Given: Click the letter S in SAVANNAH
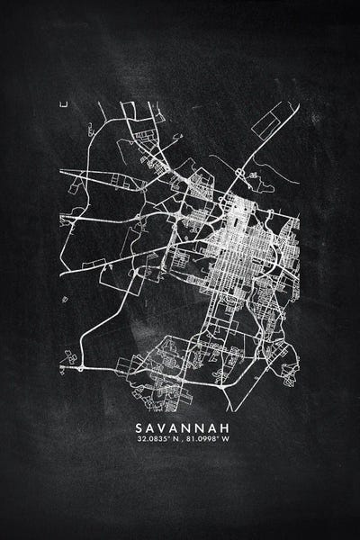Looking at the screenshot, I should [139, 427].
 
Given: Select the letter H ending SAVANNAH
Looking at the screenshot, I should [220, 427].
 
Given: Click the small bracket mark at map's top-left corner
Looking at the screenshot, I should [64, 104].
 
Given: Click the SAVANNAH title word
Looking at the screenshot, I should [180, 427].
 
